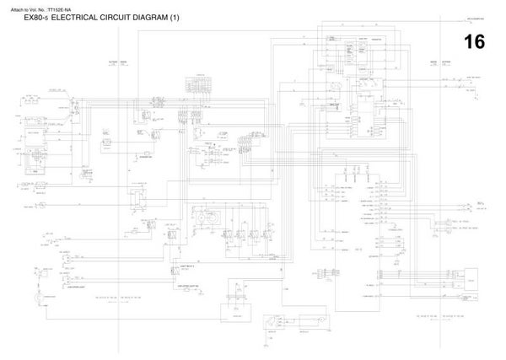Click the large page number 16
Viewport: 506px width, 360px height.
point(473,42)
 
